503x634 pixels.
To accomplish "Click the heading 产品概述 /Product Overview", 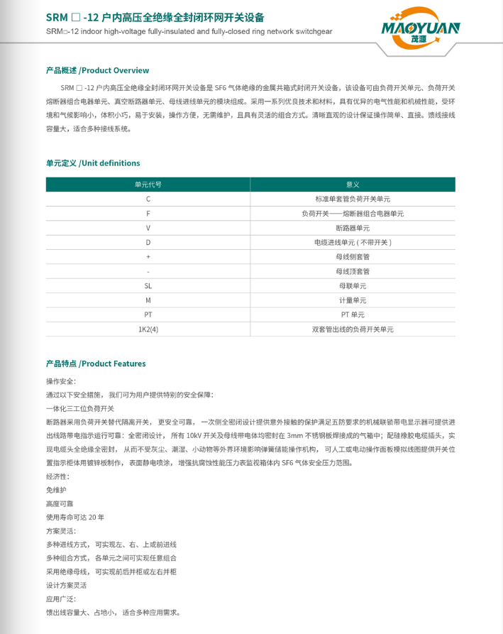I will click(x=97, y=70).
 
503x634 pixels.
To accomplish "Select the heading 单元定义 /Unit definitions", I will click(x=93, y=163).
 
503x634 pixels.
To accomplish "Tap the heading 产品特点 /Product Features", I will click(x=96, y=364).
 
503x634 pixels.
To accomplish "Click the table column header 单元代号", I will click(x=148, y=185).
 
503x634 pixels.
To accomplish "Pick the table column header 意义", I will click(x=353, y=185).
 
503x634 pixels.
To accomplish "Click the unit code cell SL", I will click(x=148, y=285).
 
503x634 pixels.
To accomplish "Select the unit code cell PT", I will click(x=148, y=315).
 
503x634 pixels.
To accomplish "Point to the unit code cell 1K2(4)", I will click(x=148, y=329).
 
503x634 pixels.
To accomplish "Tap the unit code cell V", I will click(x=148, y=228).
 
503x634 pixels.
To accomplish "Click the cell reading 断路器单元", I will click(x=353, y=228).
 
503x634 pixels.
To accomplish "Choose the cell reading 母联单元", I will click(x=353, y=285).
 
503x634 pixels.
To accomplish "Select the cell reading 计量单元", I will click(x=353, y=300).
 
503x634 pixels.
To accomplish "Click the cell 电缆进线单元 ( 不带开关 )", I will click(x=353, y=242).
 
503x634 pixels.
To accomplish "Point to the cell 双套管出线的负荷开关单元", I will click(x=353, y=329).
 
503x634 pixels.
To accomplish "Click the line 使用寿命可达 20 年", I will click(x=75, y=517).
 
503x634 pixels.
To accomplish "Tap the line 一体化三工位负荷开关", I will click(x=79, y=408).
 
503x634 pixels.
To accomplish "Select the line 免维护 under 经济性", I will click(x=57, y=490).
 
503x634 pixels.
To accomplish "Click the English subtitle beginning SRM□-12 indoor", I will click(x=189, y=32).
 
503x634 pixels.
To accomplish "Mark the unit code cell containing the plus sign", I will click(x=148, y=256).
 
